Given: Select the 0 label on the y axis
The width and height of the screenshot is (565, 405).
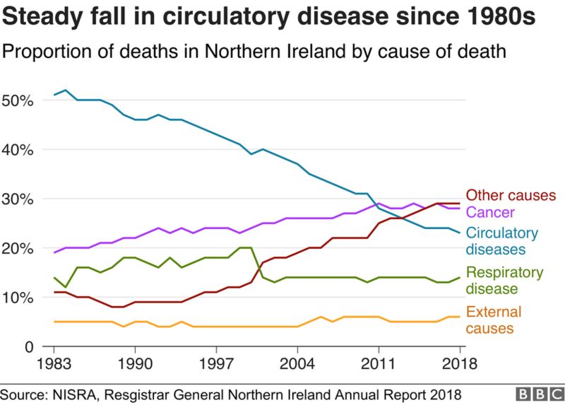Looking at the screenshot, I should pyautogui.click(x=29, y=346).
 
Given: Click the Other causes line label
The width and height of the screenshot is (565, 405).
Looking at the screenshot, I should pyautogui.click(x=512, y=196).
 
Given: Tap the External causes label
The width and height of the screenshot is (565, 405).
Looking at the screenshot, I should pyautogui.click(x=494, y=320).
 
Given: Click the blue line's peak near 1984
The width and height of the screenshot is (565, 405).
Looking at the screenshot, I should pyautogui.click(x=66, y=90).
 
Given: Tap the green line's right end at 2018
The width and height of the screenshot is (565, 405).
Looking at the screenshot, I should pyautogui.click(x=460, y=277).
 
